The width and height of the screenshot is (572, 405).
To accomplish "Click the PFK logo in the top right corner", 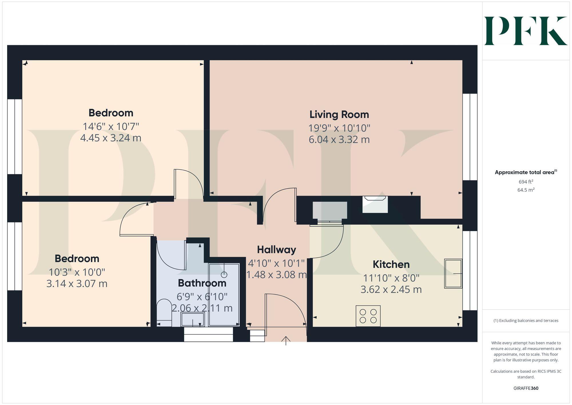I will pyautogui.click(x=526, y=31).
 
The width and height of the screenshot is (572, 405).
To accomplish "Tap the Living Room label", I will pyautogui.click(x=339, y=114).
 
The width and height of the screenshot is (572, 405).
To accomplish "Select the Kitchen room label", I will pyautogui.click(x=391, y=264).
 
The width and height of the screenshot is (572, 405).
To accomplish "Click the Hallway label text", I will pyautogui.click(x=276, y=250).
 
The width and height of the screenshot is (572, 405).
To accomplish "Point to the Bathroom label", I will pyautogui.click(x=202, y=283).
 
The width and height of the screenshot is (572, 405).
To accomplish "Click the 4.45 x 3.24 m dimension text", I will pyautogui.click(x=111, y=138).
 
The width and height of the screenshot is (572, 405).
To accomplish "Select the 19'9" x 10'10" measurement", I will pyautogui.click(x=339, y=128).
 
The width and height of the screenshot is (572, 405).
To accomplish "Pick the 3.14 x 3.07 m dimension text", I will pyautogui.click(x=77, y=284).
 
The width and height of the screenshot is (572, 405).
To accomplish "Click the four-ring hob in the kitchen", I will pyautogui.click(x=368, y=316).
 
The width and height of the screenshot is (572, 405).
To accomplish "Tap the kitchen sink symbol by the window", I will pyautogui.click(x=453, y=273).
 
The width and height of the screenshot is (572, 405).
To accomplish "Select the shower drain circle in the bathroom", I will pyautogui.click(x=224, y=274).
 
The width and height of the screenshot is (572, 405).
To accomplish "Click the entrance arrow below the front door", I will pyautogui.click(x=286, y=341).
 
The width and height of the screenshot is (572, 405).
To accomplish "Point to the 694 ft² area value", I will pyautogui.click(x=526, y=181).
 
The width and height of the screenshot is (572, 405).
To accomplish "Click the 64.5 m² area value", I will pyautogui.click(x=526, y=190).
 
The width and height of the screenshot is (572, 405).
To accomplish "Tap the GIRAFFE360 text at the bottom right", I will pyautogui.click(x=526, y=388).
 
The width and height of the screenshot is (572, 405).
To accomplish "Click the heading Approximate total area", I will pyautogui.click(x=526, y=172).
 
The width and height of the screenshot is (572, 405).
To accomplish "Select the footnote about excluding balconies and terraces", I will pyautogui.click(x=526, y=321).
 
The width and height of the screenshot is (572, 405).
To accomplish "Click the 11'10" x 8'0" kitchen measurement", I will pyautogui.click(x=391, y=278).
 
